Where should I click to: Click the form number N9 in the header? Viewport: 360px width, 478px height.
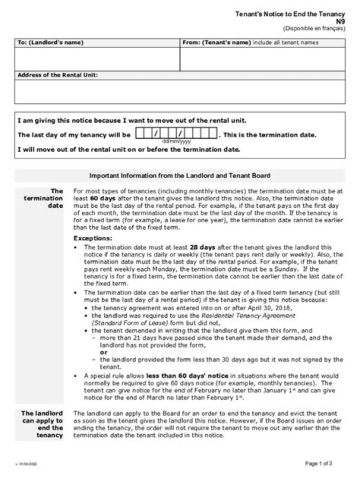339,21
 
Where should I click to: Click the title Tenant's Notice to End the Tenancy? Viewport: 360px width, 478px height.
290,14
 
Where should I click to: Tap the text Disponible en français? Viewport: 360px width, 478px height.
314,28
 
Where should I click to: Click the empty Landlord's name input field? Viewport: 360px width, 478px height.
97,59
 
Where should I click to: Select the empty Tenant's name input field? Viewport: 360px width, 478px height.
262,59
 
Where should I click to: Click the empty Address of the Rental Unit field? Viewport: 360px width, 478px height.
179,91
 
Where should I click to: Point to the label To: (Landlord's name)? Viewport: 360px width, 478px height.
50,42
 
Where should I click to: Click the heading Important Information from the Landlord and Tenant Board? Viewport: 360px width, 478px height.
179,176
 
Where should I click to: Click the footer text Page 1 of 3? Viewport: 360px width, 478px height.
318,464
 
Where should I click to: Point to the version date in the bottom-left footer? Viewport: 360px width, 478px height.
29,464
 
